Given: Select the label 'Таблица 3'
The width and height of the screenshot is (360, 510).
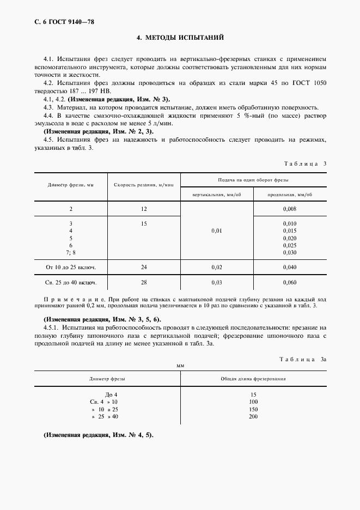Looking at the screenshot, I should click(x=306, y=163).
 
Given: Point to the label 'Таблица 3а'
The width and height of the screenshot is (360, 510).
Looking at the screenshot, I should click(x=302, y=359).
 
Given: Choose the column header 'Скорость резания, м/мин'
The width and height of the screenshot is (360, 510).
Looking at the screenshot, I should click(x=144, y=185).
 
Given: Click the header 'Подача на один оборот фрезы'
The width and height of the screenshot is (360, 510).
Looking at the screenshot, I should click(x=254, y=179).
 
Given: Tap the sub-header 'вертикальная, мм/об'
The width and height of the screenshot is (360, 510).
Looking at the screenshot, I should click(x=217, y=195).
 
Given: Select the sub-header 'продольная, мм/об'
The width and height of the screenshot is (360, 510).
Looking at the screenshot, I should click(x=290, y=195).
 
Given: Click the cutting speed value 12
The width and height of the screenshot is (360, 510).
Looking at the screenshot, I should click(x=144, y=209).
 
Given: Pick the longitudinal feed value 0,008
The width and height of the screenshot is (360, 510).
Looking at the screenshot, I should click(x=290, y=209).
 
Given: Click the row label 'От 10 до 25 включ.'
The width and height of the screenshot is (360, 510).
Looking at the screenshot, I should click(x=70, y=267).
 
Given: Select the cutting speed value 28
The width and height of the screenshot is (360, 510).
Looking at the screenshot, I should click(x=144, y=283).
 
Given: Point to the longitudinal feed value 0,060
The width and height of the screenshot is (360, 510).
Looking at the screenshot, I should click(x=290, y=283).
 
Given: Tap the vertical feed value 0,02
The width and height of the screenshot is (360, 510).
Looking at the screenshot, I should click(x=217, y=267).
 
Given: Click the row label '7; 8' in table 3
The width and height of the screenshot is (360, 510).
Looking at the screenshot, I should click(x=70, y=252).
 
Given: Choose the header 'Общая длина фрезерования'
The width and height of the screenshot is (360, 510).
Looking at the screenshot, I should click(x=253, y=378).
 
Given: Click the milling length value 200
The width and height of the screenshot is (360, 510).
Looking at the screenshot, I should click(x=253, y=417).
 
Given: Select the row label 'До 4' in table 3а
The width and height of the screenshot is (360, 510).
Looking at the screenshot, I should click(x=111, y=394).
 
